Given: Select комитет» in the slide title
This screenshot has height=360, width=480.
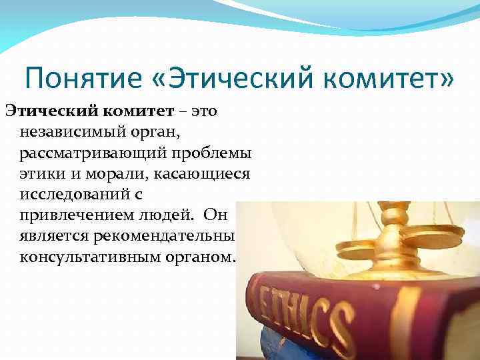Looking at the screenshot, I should [x=390, y=79].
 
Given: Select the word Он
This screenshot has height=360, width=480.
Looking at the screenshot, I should [x=217, y=216].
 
